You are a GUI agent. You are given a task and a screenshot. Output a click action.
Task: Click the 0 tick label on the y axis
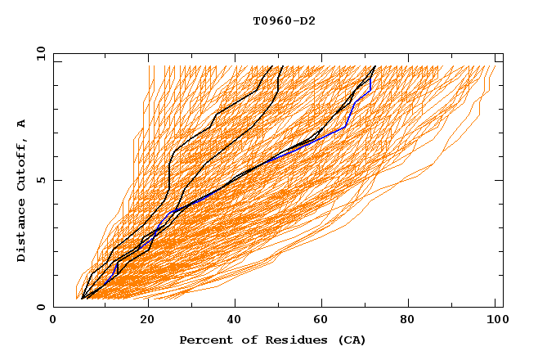(x=40, y=308)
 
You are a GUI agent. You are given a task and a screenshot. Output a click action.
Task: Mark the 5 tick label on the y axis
(x=40, y=180)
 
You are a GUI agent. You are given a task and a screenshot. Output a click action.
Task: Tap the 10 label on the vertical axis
(x=37, y=53)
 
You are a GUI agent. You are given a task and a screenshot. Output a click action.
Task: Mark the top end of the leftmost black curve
(x=282, y=66)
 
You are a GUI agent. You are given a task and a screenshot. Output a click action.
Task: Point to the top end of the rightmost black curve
(x=375, y=66)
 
